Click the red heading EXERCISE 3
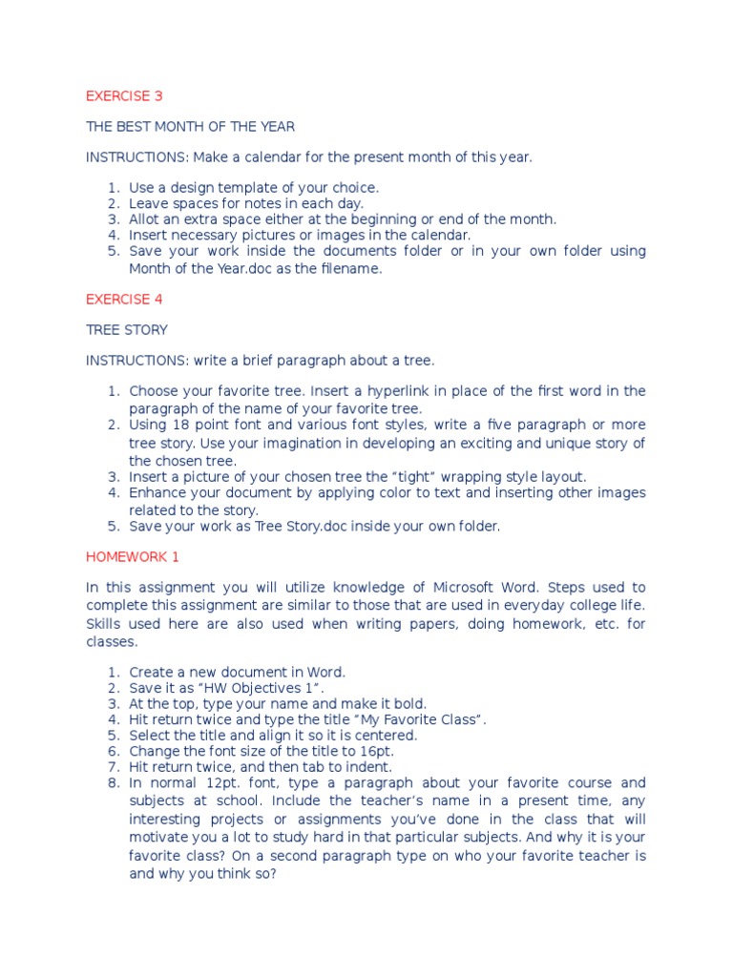coord(118,95)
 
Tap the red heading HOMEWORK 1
coord(126,555)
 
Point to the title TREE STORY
coord(127,329)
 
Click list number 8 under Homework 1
coord(113,783)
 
